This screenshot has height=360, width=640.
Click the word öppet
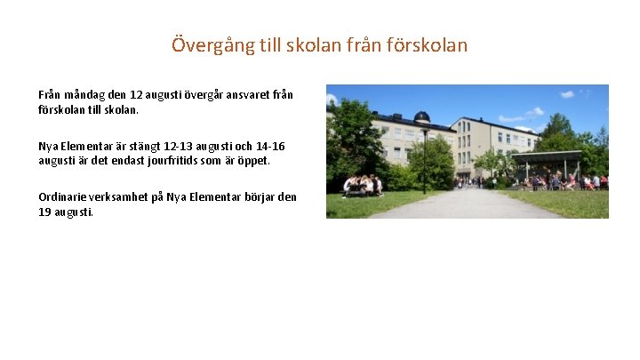(252, 160)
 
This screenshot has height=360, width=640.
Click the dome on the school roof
(422, 116)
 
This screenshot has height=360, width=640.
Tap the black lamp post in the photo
(425, 160)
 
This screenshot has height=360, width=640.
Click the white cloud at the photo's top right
(566, 94)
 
